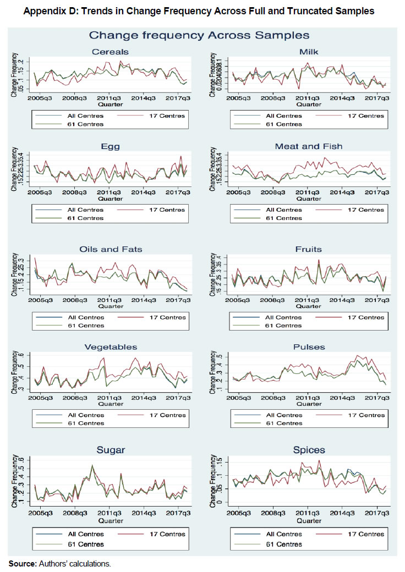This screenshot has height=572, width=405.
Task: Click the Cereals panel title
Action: click(110, 52)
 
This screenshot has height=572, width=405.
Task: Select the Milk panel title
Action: click(309, 52)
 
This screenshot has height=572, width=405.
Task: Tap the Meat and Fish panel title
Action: click(309, 146)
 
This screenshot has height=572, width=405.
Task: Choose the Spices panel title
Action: click(309, 450)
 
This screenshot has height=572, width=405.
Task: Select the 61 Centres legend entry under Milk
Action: click(284, 124)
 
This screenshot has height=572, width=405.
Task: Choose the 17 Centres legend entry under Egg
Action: click(168, 210)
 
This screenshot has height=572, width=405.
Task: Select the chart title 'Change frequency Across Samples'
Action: click(199, 35)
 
